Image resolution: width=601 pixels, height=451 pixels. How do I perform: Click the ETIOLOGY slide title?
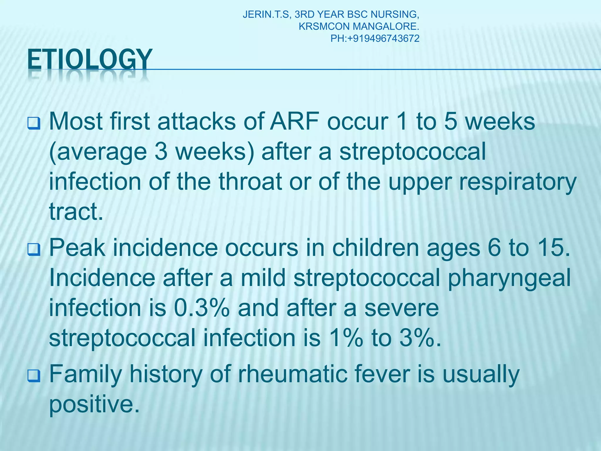tap(90, 60)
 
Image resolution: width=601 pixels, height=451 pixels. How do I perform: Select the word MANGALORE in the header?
tap(386, 26)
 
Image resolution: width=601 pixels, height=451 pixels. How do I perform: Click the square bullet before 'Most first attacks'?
tap(34, 123)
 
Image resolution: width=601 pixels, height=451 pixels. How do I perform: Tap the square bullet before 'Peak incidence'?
tap(34, 250)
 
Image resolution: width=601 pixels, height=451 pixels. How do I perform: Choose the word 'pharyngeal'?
tap(509, 278)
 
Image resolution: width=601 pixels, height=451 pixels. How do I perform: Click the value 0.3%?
tap(202, 308)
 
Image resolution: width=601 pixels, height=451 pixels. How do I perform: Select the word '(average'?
tap(98, 152)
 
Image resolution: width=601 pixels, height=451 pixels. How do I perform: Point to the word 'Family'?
tap(85, 374)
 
